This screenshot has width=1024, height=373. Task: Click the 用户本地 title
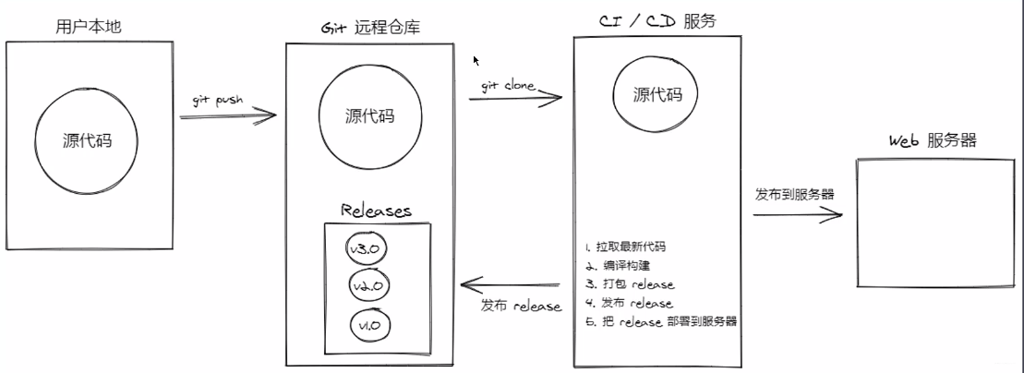click(x=90, y=27)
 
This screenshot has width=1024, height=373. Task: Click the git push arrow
click(x=228, y=116)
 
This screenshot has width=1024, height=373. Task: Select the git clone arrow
click(x=517, y=96)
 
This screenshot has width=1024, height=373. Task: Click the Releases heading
click(x=375, y=211)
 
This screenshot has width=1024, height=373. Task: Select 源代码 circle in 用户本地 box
click(x=87, y=141)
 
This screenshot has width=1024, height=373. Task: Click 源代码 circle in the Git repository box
click(x=369, y=116)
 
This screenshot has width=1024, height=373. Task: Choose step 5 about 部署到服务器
click(x=659, y=321)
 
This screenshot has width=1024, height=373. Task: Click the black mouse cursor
click(x=476, y=61)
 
